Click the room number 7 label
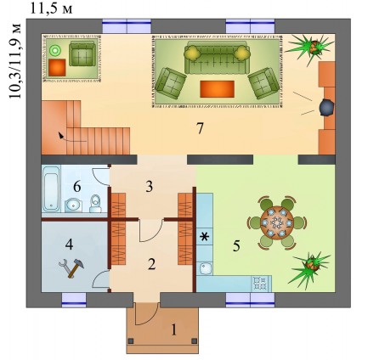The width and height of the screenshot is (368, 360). tap(200, 129)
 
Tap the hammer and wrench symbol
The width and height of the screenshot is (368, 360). tap(71, 267)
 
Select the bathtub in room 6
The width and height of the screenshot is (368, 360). tap(51, 188)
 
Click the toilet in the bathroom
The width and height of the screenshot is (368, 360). tap(95, 204)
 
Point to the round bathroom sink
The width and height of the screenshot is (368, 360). tap(73, 205)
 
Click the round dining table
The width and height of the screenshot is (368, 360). tap(276, 223)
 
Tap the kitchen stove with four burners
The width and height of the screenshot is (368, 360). tap(260, 283)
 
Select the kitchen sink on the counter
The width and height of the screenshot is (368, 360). tap(204, 267)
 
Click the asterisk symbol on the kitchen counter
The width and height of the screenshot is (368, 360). tap(204, 237)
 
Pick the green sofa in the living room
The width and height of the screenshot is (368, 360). tap(217, 59)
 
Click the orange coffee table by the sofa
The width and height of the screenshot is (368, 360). tap(217, 89)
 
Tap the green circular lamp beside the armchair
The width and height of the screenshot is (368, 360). tap(54, 51)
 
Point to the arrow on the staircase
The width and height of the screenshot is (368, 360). tap(71, 138)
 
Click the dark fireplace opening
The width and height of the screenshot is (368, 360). tap(326, 108)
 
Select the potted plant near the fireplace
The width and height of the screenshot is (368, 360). tap(310, 48)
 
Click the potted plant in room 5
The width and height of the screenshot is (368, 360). tap(311, 267)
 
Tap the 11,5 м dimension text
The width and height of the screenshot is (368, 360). tap(52, 9)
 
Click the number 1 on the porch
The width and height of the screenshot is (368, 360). tap(173, 329)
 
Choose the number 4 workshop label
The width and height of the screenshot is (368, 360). tap(70, 244)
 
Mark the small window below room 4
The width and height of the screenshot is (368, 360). tap(74, 300)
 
